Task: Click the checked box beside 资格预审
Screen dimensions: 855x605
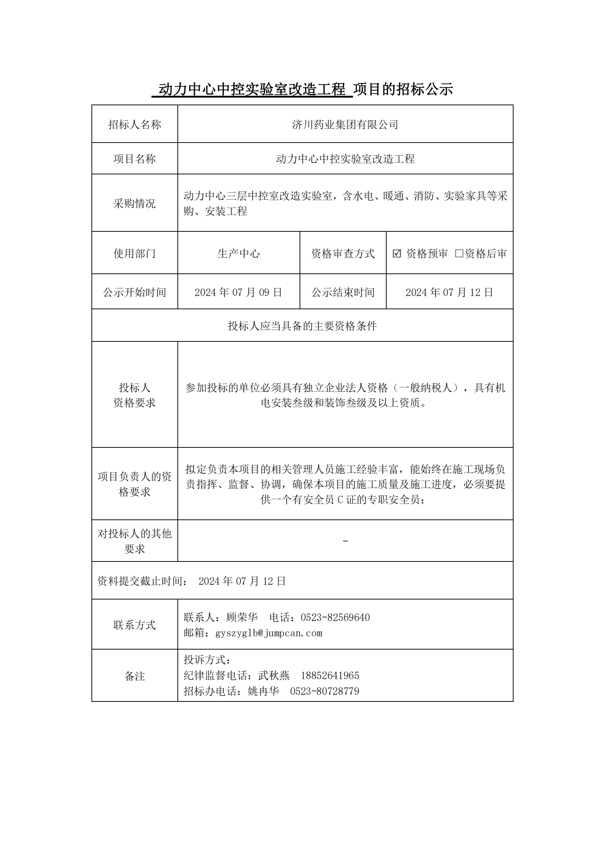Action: click(x=397, y=253)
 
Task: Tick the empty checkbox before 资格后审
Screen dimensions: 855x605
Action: click(x=459, y=253)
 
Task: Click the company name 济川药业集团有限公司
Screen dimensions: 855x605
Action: click(x=345, y=124)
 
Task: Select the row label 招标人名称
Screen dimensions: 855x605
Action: click(x=135, y=124)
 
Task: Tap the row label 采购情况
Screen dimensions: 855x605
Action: click(x=135, y=203)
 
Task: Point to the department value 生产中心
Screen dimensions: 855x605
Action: click(x=238, y=254)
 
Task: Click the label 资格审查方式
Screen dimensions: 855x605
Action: click(x=343, y=254)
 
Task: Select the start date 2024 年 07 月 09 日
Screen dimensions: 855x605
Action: click(x=238, y=292)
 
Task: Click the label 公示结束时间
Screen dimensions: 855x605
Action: click(x=343, y=292)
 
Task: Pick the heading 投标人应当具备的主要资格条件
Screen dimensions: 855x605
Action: click(x=302, y=326)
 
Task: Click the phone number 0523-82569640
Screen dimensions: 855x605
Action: click(x=335, y=617)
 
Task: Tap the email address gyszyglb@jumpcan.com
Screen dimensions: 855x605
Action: click(x=268, y=633)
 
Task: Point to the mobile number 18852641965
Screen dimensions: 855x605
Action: click(x=330, y=676)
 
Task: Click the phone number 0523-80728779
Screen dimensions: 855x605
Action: click(x=324, y=691)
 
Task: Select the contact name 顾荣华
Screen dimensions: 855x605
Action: click(x=242, y=617)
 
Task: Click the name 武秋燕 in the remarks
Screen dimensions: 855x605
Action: click(x=274, y=676)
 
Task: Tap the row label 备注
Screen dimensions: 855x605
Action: click(x=135, y=676)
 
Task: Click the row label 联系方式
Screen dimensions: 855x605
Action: click(x=135, y=625)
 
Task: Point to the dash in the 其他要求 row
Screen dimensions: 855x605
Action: click(x=345, y=541)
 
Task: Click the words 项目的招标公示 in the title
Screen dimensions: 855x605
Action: click(x=403, y=89)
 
